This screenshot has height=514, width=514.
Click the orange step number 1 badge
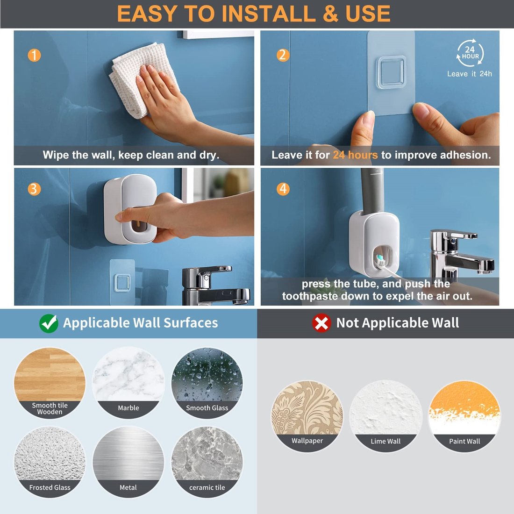point(34,55)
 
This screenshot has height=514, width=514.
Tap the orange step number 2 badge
point(282,55)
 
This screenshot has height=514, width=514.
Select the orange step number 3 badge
point(34,189)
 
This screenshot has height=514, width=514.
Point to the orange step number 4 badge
point(283,189)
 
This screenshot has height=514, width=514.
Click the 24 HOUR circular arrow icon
point(470,53)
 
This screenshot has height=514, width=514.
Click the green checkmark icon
point(49,323)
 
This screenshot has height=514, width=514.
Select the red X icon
point(321,323)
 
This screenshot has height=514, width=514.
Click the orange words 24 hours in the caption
point(355,155)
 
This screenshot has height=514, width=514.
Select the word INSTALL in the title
point(269,14)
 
